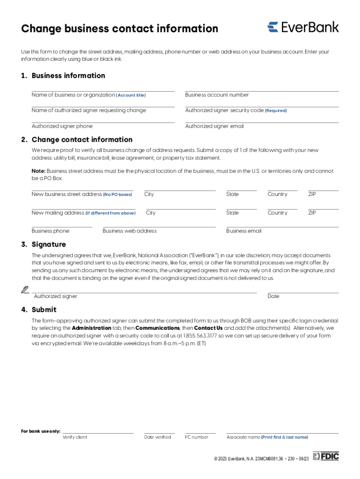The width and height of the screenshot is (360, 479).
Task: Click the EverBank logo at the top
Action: [303, 27]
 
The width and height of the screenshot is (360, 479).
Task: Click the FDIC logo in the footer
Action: [326, 456]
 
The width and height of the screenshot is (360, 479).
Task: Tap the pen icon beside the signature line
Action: [25, 290]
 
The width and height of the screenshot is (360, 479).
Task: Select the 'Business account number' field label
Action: [217, 95]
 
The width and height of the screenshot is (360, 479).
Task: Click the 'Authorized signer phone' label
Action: [62, 126]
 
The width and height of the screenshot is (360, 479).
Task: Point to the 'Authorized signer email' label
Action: [214, 126]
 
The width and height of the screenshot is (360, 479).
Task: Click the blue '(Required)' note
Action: [276, 111]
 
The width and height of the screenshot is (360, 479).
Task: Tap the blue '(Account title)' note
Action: [131, 95]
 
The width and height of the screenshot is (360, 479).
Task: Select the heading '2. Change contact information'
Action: [77, 139]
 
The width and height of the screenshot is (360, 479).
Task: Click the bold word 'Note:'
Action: [38, 171]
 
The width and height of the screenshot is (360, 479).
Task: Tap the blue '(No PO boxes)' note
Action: [117, 195]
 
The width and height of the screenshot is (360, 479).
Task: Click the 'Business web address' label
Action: [130, 231]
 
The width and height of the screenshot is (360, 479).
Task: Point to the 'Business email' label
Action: [244, 231]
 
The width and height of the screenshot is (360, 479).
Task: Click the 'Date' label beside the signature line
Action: [274, 297]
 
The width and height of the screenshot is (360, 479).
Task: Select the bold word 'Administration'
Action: [92, 328]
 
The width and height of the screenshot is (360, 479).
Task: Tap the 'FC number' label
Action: [197, 437]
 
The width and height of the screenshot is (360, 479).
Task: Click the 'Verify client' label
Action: [75, 437]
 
